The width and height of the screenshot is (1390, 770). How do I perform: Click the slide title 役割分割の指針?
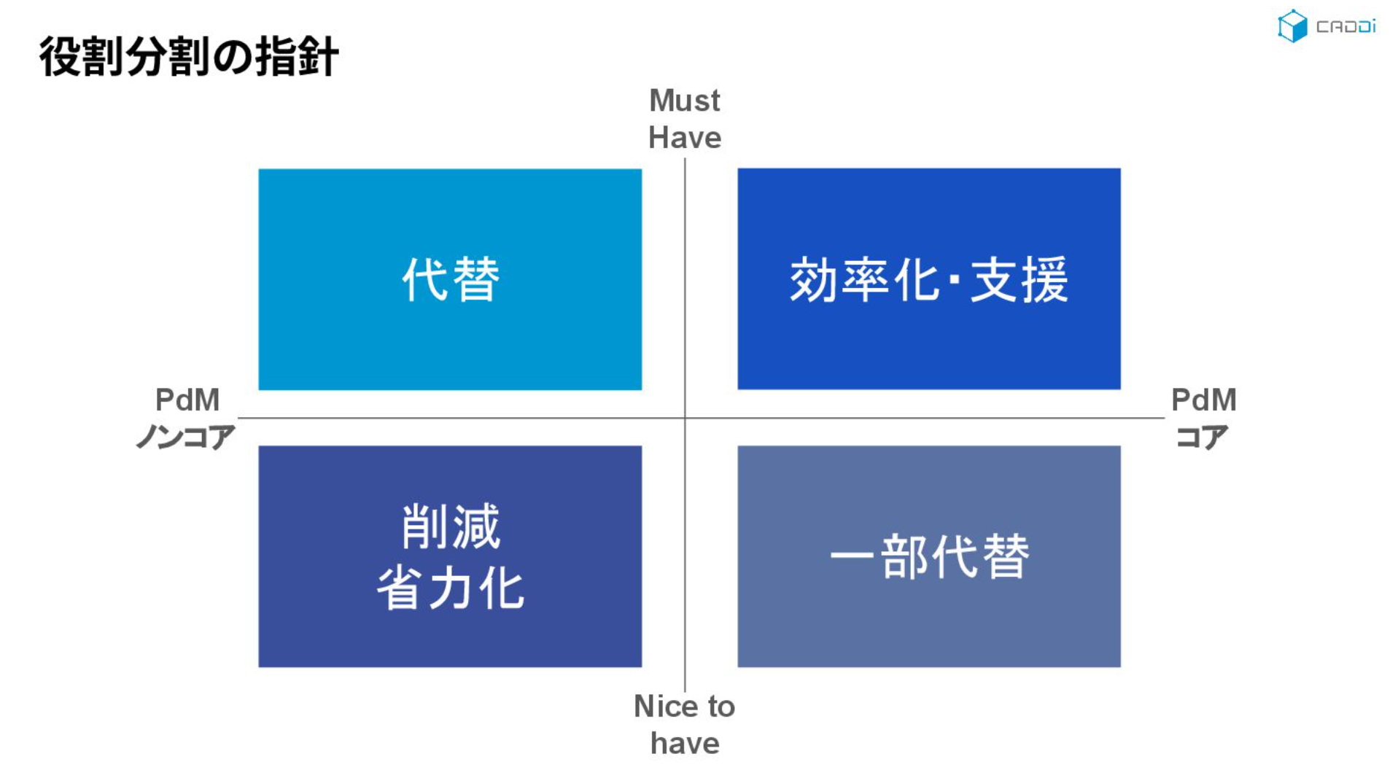(x=189, y=56)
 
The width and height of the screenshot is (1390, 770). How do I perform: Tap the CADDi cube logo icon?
(x=1292, y=26)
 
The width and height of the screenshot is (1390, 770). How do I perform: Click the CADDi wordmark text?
(x=1346, y=27)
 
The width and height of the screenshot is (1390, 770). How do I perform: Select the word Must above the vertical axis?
(x=684, y=101)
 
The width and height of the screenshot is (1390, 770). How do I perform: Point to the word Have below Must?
(x=685, y=138)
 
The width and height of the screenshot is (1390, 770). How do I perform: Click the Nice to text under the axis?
(x=684, y=706)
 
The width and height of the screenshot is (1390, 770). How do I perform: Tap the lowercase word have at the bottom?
(x=685, y=743)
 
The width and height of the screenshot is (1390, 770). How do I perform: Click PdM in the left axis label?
(x=187, y=400)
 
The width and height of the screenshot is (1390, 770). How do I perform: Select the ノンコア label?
(x=185, y=437)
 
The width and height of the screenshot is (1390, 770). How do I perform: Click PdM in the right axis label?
(x=1203, y=400)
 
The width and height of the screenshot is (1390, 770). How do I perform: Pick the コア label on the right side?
(x=1202, y=437)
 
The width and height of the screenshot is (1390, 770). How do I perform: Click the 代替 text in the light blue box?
(x=451, y=279)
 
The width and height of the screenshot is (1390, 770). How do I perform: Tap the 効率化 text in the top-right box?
(x=866, y=279)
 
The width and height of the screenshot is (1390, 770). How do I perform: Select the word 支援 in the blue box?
(x=1020, y=279)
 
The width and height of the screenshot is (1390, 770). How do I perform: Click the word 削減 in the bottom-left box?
(x=451, y=526)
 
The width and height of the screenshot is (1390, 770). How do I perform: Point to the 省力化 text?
(x=451, y=588)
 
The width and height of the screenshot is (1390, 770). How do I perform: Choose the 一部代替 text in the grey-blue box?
(x=929, y=556)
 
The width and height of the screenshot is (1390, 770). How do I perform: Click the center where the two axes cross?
(x=685, y=418)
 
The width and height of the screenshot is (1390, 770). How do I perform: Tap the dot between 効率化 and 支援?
(x=955, y=280)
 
